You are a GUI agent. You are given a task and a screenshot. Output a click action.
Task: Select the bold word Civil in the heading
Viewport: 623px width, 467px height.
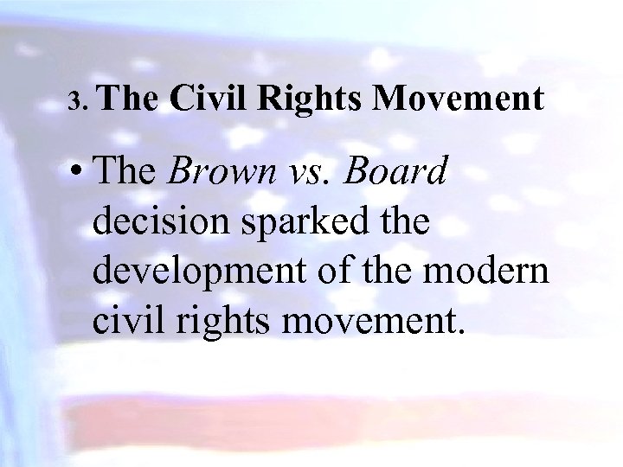tap(208, 99)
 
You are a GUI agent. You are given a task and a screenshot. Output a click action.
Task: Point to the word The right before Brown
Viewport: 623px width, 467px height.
tap(128, 171)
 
